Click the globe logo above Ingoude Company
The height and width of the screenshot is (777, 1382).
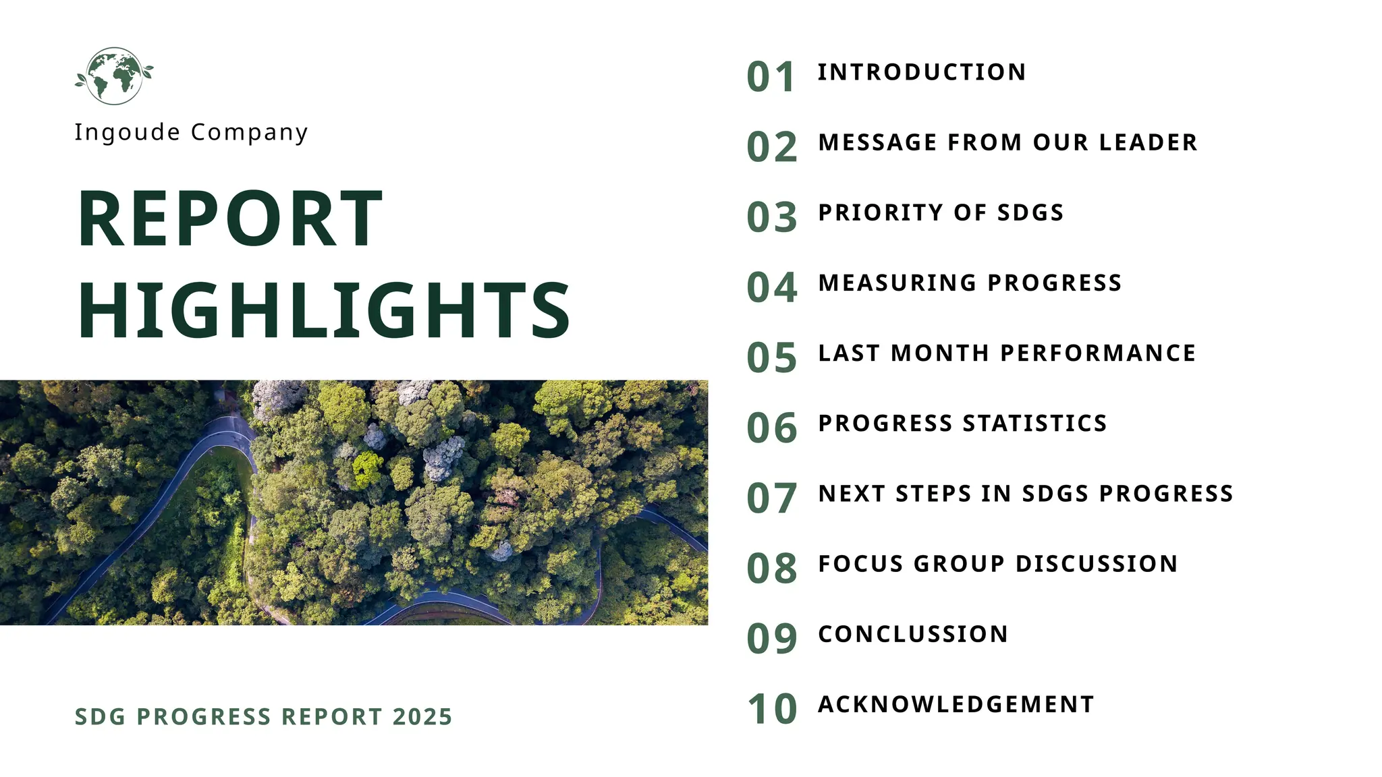coord(114,76)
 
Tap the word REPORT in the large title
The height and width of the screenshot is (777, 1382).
coord(230,219)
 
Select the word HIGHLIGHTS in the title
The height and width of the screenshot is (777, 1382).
coord(325,310)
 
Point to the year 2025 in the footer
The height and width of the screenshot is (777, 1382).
coord(422,716)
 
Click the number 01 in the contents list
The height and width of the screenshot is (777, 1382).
coord(771,77)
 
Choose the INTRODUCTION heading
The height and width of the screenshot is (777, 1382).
coord(922,72)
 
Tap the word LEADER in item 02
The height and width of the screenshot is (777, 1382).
coord(1148,142)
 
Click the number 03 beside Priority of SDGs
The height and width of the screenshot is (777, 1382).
coord(771,217)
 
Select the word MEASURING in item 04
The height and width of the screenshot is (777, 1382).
coord(897,283)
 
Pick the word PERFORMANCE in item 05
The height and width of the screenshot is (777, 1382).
coord(1098,353)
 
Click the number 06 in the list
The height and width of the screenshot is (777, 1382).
coord(771,428)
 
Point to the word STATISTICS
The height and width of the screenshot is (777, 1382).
coord(1035,423)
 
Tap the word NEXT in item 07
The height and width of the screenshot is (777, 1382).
coord(852,494)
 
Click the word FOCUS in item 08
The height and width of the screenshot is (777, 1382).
coord(861,564)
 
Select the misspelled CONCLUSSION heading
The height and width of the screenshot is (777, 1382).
coord(913,634)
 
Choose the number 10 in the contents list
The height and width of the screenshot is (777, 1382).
coord(771,709)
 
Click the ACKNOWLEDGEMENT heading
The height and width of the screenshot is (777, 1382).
coord(956,704)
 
